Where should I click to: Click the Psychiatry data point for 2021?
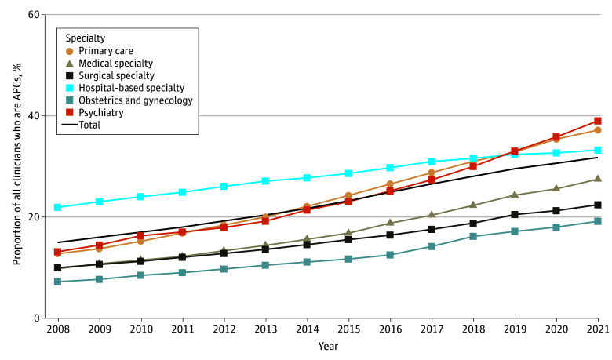[x=597, y=121]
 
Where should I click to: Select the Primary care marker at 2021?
[x=597, y=130]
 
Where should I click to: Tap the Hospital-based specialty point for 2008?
[x=58, y=208]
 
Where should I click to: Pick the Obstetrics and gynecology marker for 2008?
[x=58, y=282]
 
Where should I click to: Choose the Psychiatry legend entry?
[x=100, y=111]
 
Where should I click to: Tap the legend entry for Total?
[x=91, y=124]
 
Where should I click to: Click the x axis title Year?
[x=327, y=346]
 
